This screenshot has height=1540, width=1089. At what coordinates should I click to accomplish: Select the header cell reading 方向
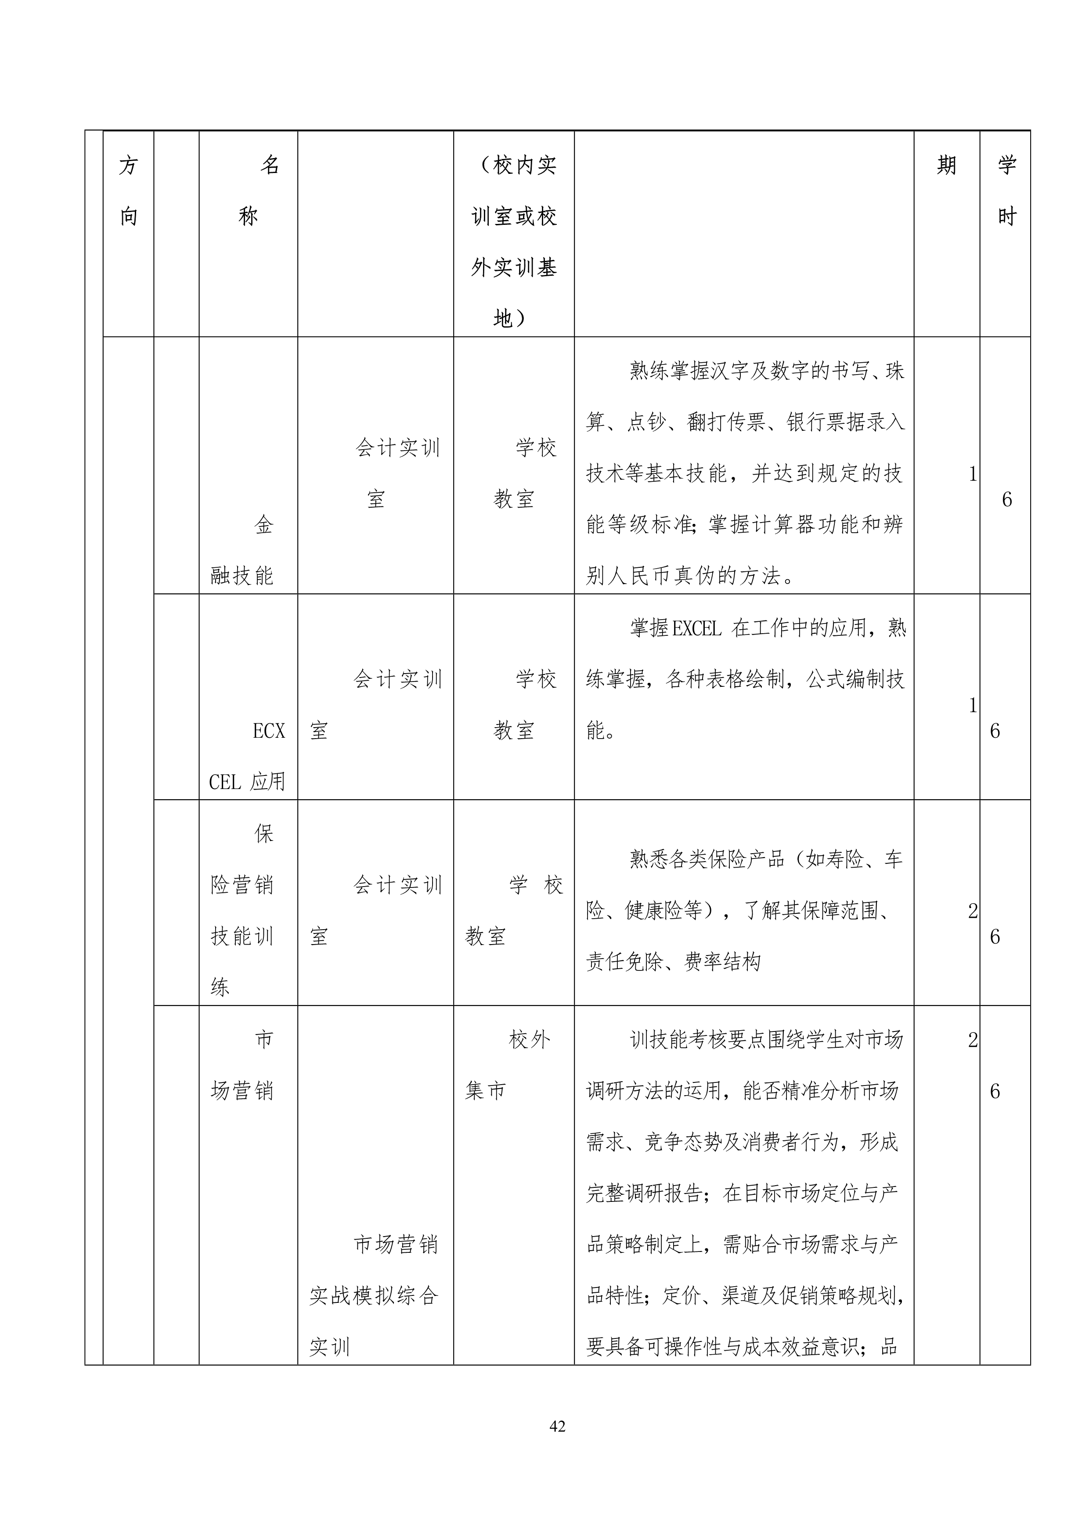tap(128, 191)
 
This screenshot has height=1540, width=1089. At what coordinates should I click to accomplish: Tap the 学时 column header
tap(1006, 191)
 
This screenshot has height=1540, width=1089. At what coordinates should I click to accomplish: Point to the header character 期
tap(946, 165)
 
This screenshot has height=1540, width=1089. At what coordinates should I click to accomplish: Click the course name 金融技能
tap(243, 550)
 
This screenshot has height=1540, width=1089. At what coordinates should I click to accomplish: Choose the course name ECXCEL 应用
tap(248, 756)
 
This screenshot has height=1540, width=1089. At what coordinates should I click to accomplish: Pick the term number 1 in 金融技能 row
tap(972, 474)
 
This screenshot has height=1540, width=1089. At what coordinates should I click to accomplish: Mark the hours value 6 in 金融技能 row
tap(1006, 500)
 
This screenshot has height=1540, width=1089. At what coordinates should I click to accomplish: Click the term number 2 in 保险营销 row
tap(972, 911)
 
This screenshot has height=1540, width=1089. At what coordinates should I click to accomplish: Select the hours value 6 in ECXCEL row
tap(995, 731)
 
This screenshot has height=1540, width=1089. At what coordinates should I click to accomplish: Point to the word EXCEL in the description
tap(696, 628)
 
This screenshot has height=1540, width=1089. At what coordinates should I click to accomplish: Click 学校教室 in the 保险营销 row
tap(513, 910)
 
